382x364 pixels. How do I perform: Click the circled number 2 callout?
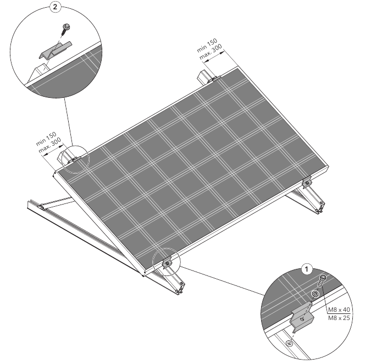coord(55,7)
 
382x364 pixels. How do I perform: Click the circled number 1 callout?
coord(307,269)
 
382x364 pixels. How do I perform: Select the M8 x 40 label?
coord(339,310)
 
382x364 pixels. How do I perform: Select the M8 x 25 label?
coord(339,318)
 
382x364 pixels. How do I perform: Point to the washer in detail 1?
coord(315,294)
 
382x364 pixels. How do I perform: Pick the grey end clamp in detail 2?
coord(55,51)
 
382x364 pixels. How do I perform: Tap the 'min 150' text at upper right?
coord(207,45)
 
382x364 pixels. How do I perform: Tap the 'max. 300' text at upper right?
coord(211,52)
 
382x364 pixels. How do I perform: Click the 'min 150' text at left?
coord(46,139)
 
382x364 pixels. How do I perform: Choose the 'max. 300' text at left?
coord(50,146)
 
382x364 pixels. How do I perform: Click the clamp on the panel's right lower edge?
coord(307,182)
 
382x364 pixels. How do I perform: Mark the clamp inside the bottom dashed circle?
coord(167,263)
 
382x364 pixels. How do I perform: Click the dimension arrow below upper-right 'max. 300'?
coord(214,57)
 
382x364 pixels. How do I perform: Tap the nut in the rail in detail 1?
coord(290,343)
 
